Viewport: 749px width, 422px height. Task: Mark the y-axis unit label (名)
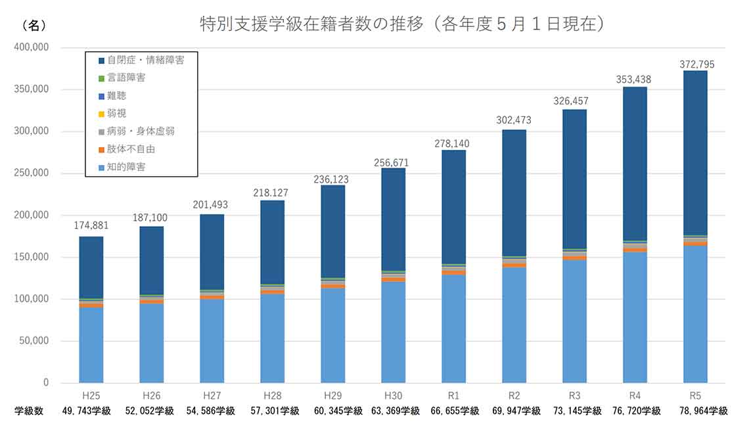coord(34,25)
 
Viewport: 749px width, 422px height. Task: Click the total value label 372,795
coord(695,64)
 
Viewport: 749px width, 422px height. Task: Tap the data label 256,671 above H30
coord(393,162)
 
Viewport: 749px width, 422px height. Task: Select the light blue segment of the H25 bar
coord(91,345)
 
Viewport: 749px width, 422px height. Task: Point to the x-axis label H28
coord(272,396)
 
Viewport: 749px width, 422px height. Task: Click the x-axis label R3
coord(574,396)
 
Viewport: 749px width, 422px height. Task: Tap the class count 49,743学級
coord(91,411)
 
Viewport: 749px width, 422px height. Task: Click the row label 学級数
coord(29,411)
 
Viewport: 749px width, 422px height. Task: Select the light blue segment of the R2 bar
coord(514,325)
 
